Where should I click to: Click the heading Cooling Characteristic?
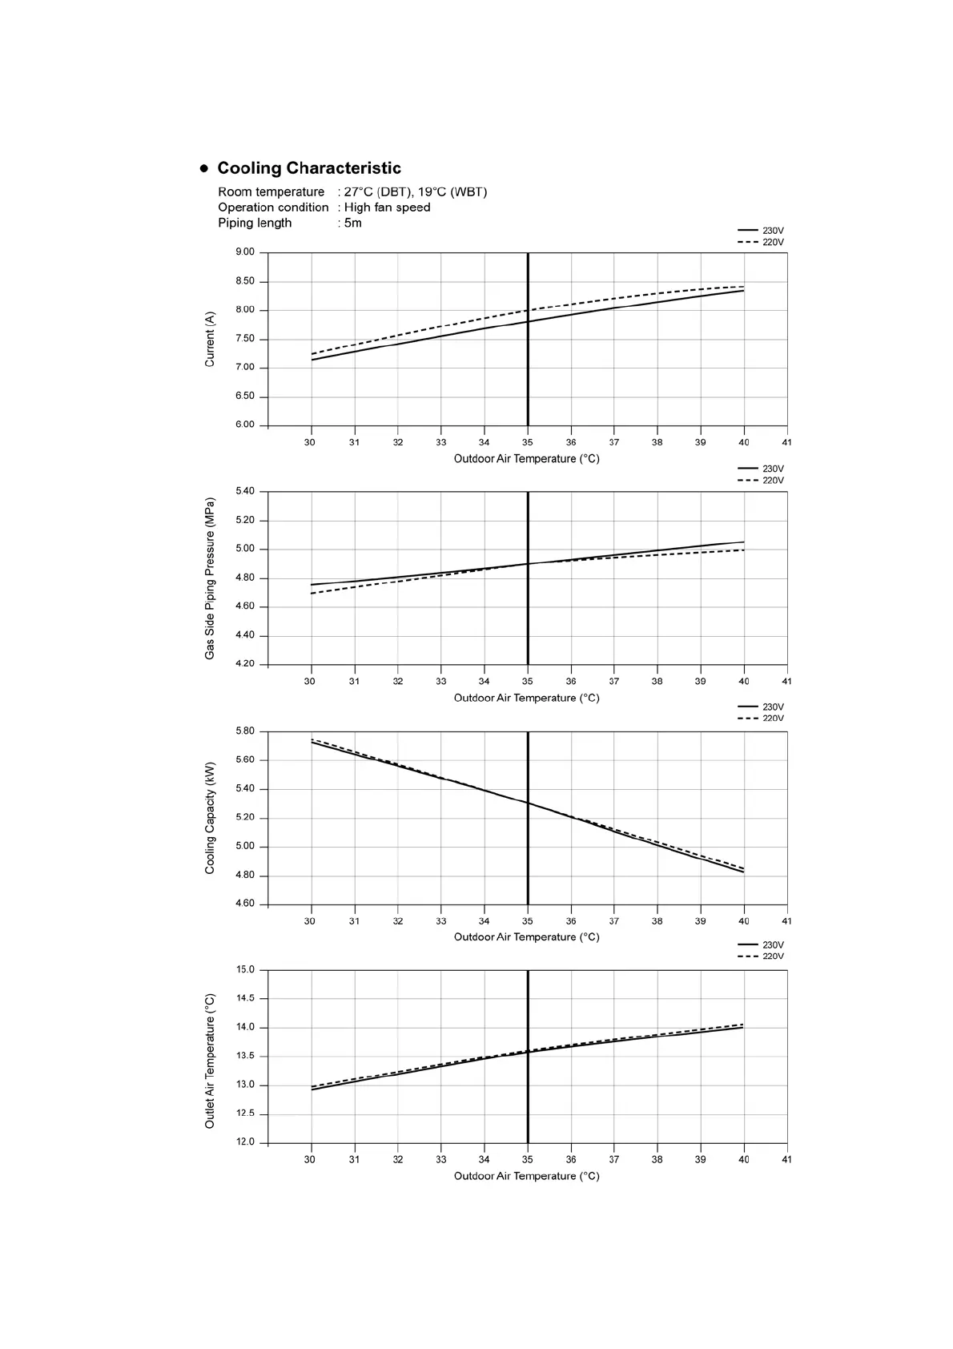click(x=308, y=168)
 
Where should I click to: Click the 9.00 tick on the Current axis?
click(x=245, y=252)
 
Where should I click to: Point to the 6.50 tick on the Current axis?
click(x=245, y=397)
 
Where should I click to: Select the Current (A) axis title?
click(x=210, y=340)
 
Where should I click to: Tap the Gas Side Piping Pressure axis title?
click(x=210, y=578)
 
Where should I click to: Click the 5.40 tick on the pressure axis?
click(x=245, y=491)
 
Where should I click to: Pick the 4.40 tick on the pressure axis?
click(x=245, y=635)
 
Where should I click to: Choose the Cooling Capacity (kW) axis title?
click(x=210, y=818)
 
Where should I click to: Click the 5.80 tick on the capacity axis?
click(x=245, y=731)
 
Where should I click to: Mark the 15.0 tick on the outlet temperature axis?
click(x=245, y=970)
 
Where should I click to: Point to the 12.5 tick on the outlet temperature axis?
click(x=245, y=1114)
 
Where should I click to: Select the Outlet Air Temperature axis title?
click(x=210, y=1061)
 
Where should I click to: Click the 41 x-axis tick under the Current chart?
click(x=786, y=442)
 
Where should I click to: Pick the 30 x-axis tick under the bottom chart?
click(x=310, y=1159)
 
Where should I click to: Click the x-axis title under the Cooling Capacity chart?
click(x=526, y=937)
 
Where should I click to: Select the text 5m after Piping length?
click(x=353, y=223)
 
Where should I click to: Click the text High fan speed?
click(x=387, y=207)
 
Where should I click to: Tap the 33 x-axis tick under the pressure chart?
click(x=440, y=681)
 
